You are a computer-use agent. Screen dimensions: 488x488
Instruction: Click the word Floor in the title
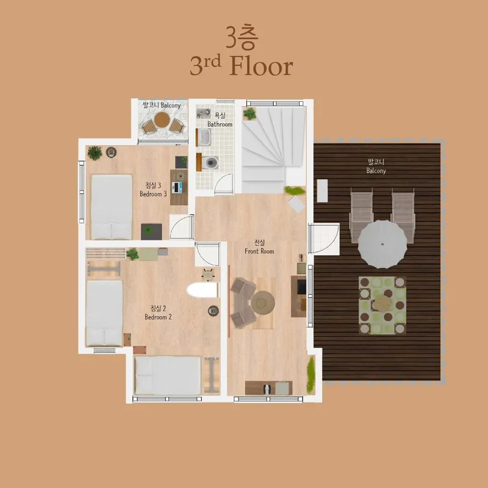pyautogui.click(x=262, y=66)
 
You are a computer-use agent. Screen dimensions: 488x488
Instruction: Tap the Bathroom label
pyautogui.click(x=220, y=124)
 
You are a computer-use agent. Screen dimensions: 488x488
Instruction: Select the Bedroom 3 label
pyautogui.click(x=153, y=194)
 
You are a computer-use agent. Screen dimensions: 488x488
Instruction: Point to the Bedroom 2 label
pyautogui.click(x=158, y=317)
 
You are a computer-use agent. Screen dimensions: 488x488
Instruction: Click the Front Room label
pyautogui.click(x=259, y=251)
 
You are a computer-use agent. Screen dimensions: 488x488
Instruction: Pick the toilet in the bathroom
pyautogui.click(x=209, y=162)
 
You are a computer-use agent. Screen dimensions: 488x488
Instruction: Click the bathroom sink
pyautogui.click(x=205, y=137)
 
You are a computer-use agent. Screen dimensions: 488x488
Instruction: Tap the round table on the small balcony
pyautogui.click(x=162, y=120)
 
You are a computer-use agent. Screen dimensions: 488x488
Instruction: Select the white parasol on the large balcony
pyautogui.click(x=382, y=245)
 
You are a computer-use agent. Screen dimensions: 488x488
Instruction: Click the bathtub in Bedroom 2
pyautogui.click(x=203, y=290)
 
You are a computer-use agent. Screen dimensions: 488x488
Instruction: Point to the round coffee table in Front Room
pyautogui.click(x=263, y=303)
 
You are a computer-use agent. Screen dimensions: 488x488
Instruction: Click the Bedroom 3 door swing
pyautogui.click(x=182, y=227)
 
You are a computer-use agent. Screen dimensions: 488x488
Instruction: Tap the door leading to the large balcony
pyautogui.click(x=324, y=239)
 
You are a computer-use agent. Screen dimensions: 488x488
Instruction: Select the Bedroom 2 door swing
pyautogui.click(x=207, y=254)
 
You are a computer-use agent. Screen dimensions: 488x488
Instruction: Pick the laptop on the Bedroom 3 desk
pyautogui.click(x=177, y=187)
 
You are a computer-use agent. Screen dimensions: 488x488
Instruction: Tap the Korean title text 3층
pyautogui.click(x=242, y=37)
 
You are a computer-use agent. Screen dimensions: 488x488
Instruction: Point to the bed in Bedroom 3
pyautogui.click(x=112, y=207)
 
